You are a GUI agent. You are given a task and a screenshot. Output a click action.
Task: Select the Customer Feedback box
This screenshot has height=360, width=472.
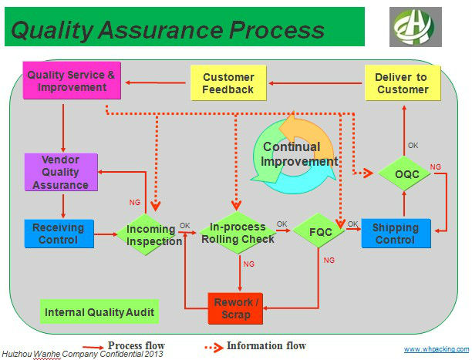228,83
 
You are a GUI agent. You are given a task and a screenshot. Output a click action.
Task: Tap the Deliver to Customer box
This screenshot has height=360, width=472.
402,83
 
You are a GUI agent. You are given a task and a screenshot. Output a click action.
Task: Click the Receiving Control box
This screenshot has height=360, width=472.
59,234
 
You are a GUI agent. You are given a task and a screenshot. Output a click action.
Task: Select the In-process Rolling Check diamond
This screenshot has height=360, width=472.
237,233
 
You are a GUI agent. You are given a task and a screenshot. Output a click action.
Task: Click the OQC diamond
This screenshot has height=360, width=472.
406,175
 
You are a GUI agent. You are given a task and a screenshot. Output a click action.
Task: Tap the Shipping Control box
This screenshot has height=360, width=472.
395,233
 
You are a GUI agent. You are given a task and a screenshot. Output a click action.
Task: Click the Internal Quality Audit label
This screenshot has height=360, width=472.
99,312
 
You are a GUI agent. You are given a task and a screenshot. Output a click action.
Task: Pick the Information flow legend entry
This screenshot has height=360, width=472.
255,346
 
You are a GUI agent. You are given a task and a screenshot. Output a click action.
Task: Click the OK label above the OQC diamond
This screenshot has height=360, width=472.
413,145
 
